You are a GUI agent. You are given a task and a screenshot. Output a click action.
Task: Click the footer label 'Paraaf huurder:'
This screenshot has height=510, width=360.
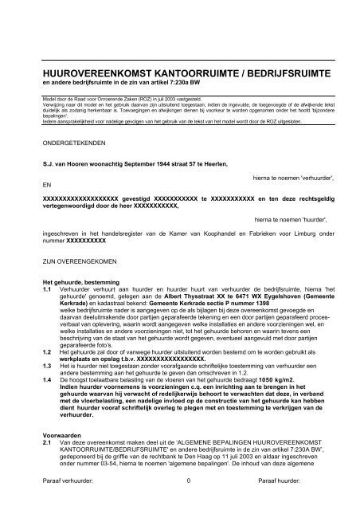(x=288, y=502)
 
